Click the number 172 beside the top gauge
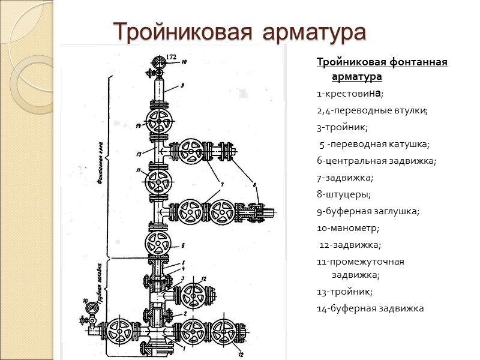pyautogui.click(x=172, y=56)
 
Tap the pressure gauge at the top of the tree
pyautogui.click(x=160, y=62)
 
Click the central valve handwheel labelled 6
pyautogui.click(x=158, y=245)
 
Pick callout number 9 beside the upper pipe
pyautogui.click(x=182, y=85)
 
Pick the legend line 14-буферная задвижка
pyautogui.click(x=370, y=308)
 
